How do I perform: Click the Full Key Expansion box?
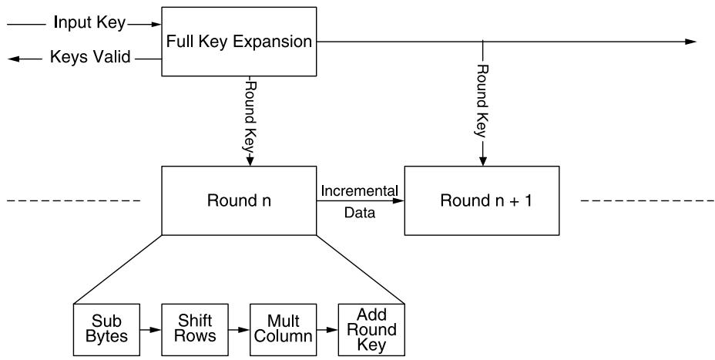pos(239,41)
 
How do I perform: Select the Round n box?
pos(239,200)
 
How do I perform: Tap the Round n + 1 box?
pos(482,200)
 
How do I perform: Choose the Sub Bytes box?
pos(106,329)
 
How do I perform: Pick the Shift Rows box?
pos(195,329)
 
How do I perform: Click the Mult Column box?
pos(284,329)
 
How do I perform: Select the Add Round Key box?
pos(371,329)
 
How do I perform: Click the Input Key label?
pos(89,23)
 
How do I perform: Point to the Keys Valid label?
pos(90,57)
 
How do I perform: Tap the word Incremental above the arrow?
pos(360,190)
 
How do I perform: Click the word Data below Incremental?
pos(360,212)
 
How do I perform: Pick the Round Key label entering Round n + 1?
pos(482,101)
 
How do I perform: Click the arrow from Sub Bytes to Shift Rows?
pos(150,329)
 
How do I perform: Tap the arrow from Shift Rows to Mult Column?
pos(239,329)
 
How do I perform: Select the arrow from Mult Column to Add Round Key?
pos(327,329)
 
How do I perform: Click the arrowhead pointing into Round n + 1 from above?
pos(483,162)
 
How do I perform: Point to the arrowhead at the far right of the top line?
pos(691,42)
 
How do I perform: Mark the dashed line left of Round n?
pos(74,200)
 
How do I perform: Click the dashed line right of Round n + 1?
pos(647,200)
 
